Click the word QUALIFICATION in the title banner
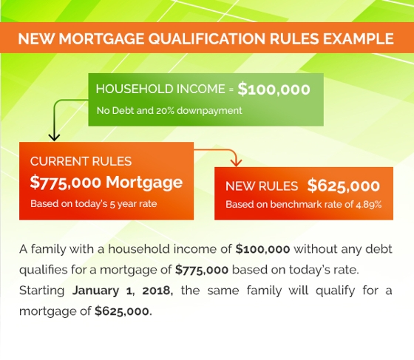206,39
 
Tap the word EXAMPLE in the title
359,38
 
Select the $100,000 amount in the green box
274,89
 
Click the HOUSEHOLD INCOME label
160,89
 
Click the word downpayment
209,111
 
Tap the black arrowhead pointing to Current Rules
54,137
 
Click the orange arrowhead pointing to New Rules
236,163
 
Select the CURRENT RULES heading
81,162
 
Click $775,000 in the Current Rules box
66,182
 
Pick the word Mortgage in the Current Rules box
144,183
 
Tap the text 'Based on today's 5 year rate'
94,204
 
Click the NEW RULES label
262,186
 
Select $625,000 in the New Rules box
344,186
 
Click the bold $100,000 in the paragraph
262,249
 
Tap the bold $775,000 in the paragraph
202,270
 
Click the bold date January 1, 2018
123,291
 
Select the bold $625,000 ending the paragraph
122,311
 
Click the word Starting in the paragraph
41,291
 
